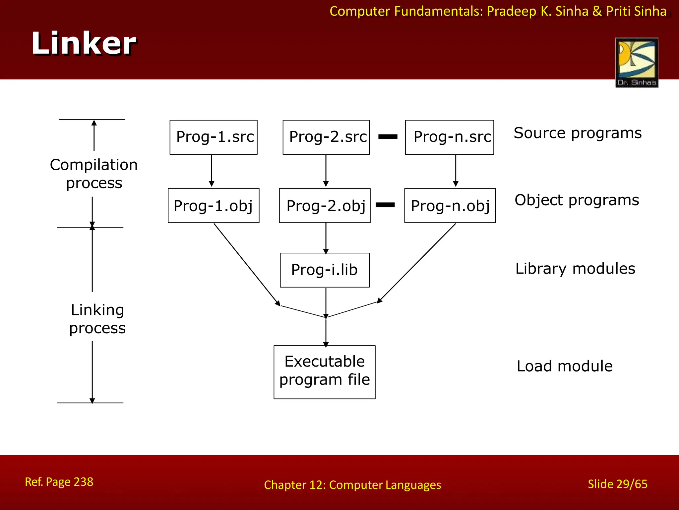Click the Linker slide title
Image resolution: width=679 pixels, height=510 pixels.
click(x=84, y=43)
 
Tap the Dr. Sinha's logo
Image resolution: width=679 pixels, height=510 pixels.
click(x=636, y=62)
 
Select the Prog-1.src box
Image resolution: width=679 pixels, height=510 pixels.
click(x=214, y=137)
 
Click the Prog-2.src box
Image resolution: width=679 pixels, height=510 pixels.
click(x=326, y=137)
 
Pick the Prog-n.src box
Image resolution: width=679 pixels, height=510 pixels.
click(x=449, y=137)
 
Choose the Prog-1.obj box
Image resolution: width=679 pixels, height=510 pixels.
click(x=214, y=206)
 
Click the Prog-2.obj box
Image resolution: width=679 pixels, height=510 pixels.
click(x=325, y=206)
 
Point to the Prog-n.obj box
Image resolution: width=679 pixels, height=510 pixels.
click(x=450, y=206)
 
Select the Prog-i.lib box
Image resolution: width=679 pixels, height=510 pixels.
click(x=325, y=270)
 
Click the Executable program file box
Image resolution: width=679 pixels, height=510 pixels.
click(x=324, y=372)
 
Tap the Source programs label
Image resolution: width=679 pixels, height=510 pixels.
click(x=578, y=133)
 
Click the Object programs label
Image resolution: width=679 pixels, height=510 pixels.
click(x=577, y=200)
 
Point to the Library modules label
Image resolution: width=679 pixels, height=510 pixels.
click(x=575, y=269)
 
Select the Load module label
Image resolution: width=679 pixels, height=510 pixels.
click(x=564, y=366)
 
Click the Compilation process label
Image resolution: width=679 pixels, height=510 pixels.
click(x=94, y=174)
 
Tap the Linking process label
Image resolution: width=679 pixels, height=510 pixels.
click(x=97, y=319)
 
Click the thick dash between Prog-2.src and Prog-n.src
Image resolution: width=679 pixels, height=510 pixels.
click(x=388, y=137)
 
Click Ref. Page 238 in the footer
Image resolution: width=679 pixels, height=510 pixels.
click(x=59, y=482)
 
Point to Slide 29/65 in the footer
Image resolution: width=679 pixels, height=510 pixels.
click(x=617, y=484)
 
